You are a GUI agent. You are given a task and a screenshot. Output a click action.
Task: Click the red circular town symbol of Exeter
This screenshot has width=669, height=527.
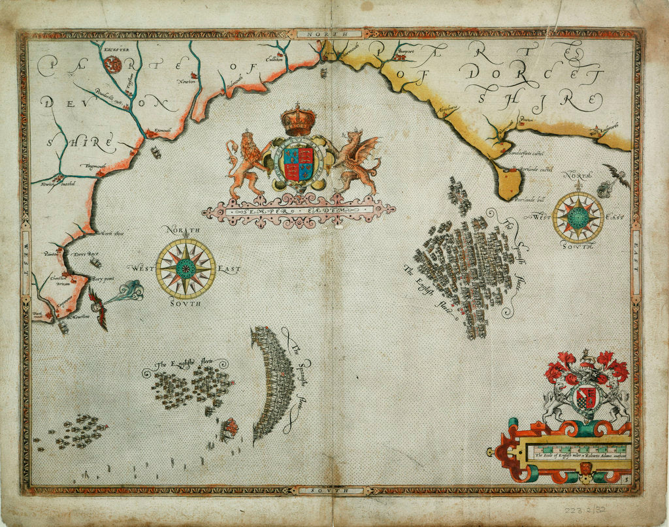click(113, 64)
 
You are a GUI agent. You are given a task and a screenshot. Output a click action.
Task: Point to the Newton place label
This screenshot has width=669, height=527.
click(186, 82)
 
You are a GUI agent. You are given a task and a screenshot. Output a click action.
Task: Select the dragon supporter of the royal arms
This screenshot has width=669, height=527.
click(357, 162)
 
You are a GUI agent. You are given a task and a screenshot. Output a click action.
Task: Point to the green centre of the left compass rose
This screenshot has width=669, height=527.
click(186, 268)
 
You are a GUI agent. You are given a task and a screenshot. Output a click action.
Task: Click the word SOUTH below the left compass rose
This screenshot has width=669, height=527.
click(186, 304)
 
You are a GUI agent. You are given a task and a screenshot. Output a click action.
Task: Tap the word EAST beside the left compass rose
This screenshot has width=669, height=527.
click(229, 269)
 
